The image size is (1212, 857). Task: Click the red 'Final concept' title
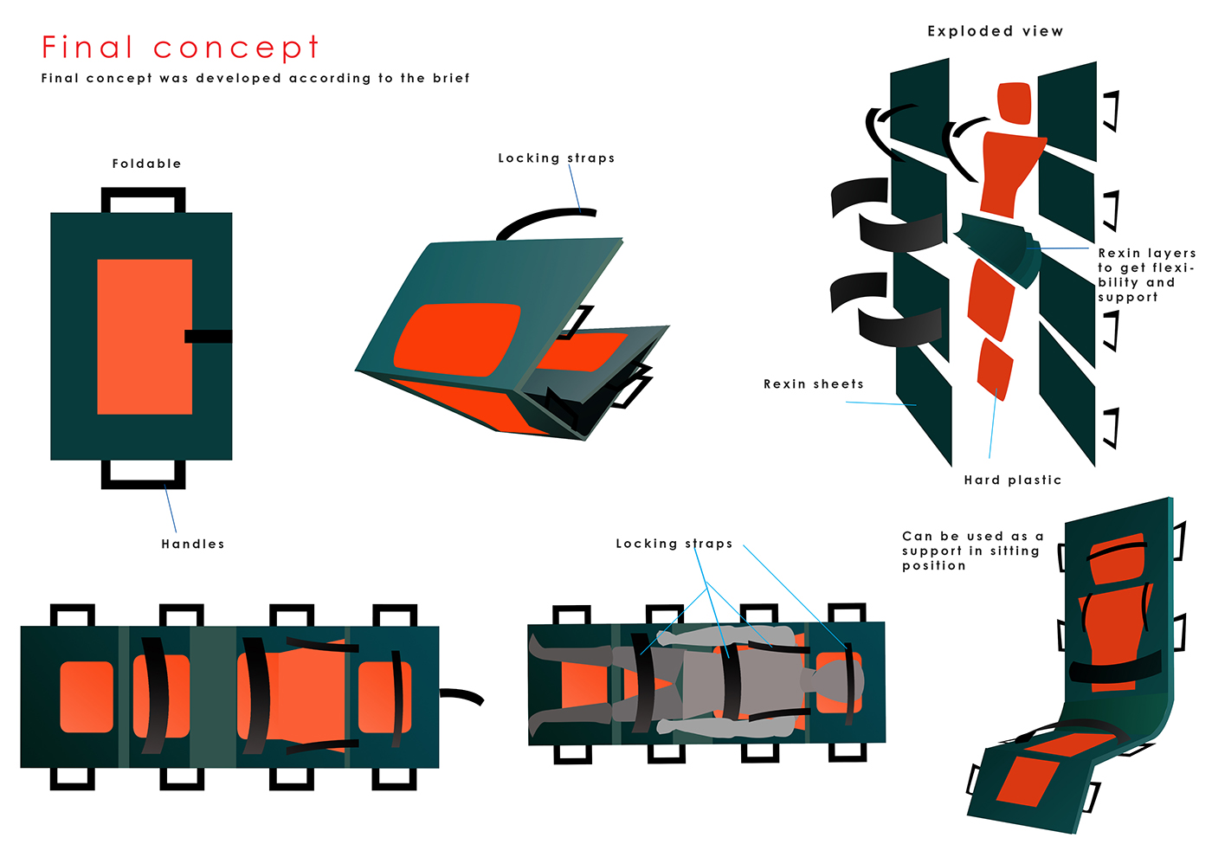[180, 48]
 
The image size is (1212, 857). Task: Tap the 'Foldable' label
[146, 164]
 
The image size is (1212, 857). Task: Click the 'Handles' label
[192, 544]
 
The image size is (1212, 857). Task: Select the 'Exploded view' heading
[995, 31]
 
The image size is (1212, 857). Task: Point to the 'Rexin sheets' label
[813, 384]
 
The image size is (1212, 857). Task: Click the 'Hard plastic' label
[1012, 480]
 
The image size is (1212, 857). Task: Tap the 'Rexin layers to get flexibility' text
[1145, 275]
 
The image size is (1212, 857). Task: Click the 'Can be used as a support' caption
[971, 551]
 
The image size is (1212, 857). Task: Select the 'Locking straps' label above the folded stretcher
[556, 158]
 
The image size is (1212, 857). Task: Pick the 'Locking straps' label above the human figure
[674, 544]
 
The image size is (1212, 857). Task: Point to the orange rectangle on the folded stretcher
[145, 336]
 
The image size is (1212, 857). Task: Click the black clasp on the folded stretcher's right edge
[208, 336]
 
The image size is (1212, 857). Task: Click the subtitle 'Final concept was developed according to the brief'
[255, 78]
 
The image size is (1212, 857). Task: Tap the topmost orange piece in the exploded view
[1014, 102]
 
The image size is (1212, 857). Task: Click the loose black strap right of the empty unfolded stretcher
[461, 695]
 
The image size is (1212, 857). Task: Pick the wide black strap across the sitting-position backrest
[1114, 668]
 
